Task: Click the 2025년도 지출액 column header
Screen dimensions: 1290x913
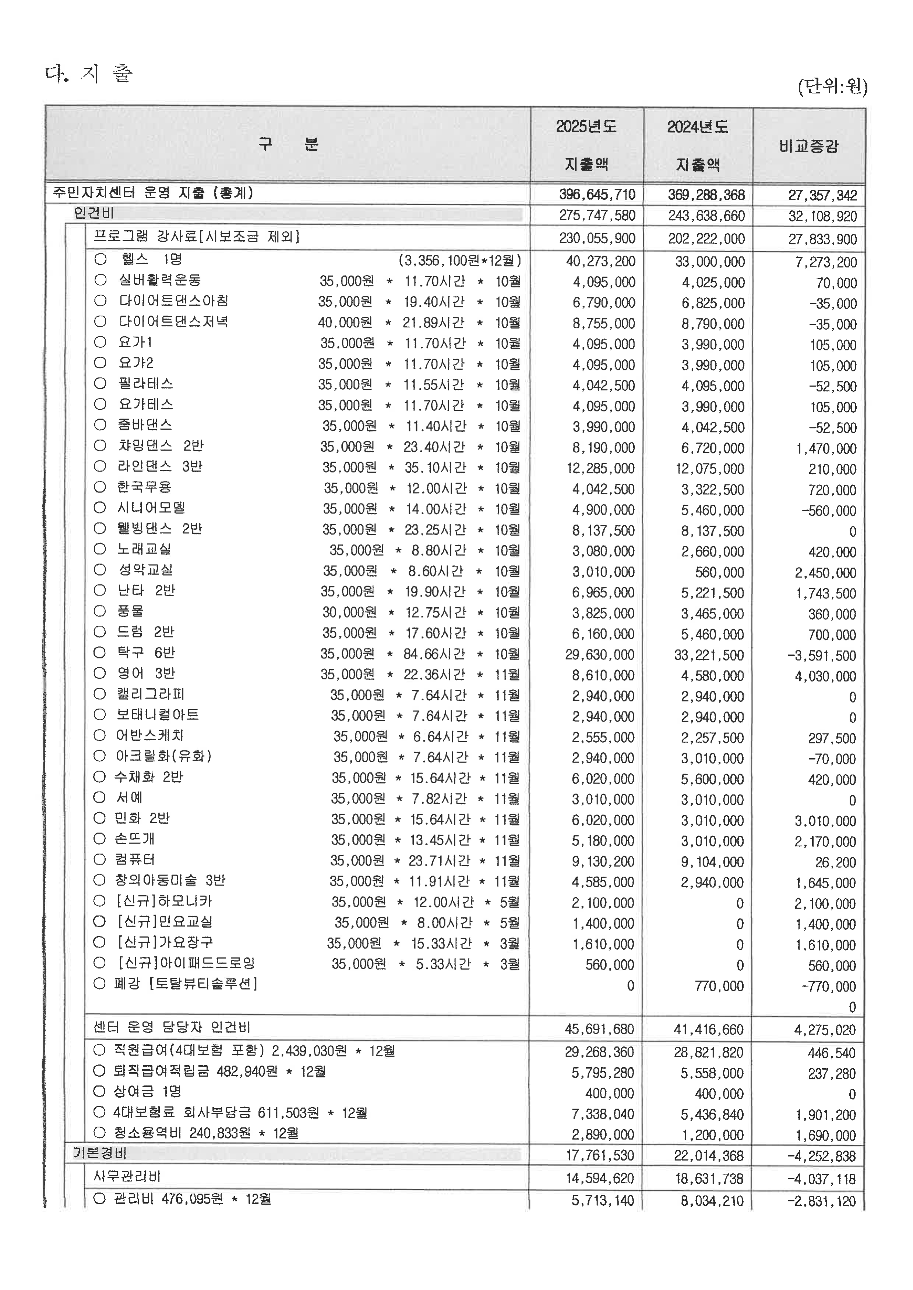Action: (x=586, y=145)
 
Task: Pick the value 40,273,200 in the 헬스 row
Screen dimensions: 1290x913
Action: (x=600, y=261)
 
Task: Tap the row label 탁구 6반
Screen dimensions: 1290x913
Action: (x=146, y=653)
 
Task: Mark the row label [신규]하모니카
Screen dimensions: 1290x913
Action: (x=164, y=901)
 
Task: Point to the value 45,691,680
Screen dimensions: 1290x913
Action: (x=599, y=1029)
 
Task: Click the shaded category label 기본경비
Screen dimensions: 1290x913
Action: (x=99, y=1154)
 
